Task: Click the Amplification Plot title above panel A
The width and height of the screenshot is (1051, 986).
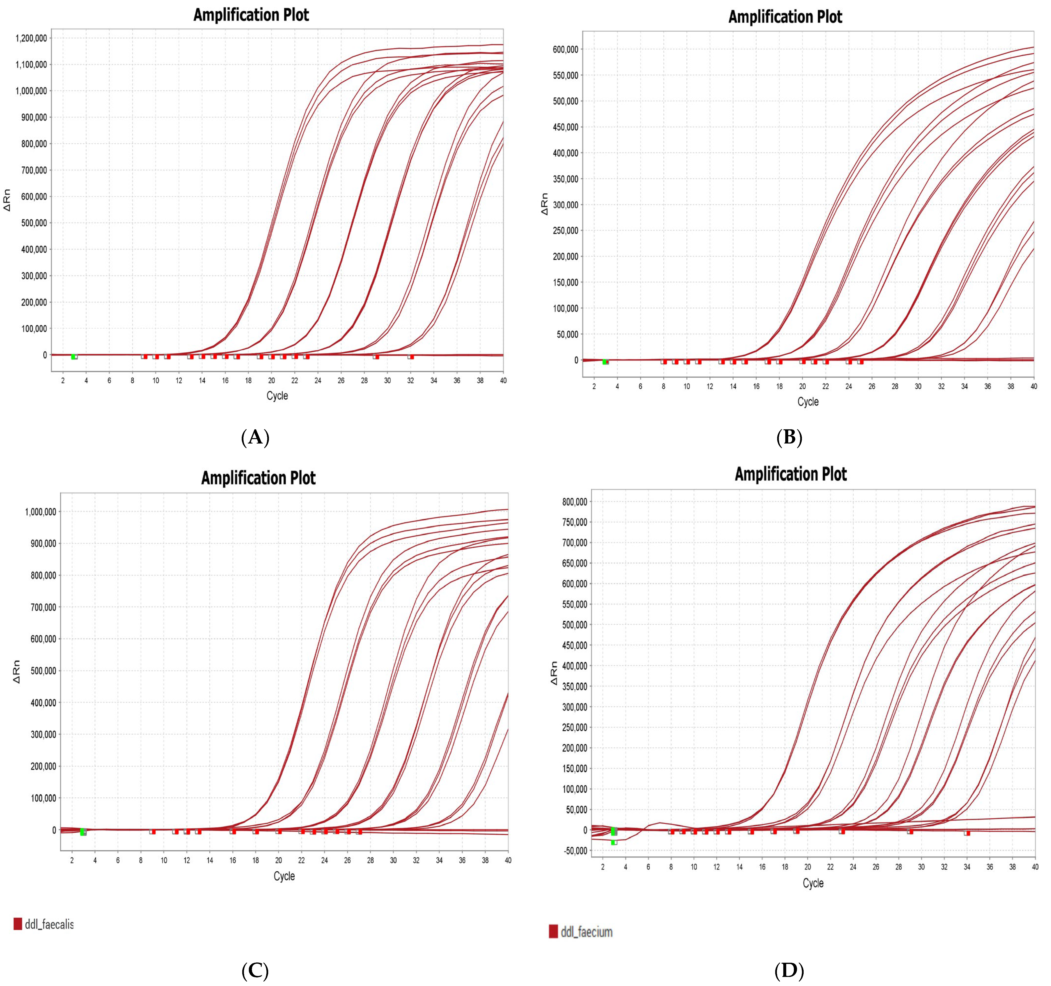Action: point(251,15)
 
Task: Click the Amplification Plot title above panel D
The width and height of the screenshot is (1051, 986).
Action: point(790,474)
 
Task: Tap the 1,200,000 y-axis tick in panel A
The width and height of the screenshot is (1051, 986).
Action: point(31,38)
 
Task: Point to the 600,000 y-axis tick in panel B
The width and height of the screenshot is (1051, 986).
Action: point(564,49)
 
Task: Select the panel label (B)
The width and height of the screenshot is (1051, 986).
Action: point(789,438)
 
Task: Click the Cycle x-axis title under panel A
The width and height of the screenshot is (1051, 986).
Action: point(277,396)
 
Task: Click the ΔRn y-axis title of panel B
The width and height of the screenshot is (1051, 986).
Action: point(544,203)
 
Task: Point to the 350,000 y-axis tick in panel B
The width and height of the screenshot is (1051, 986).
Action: point(564,179)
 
